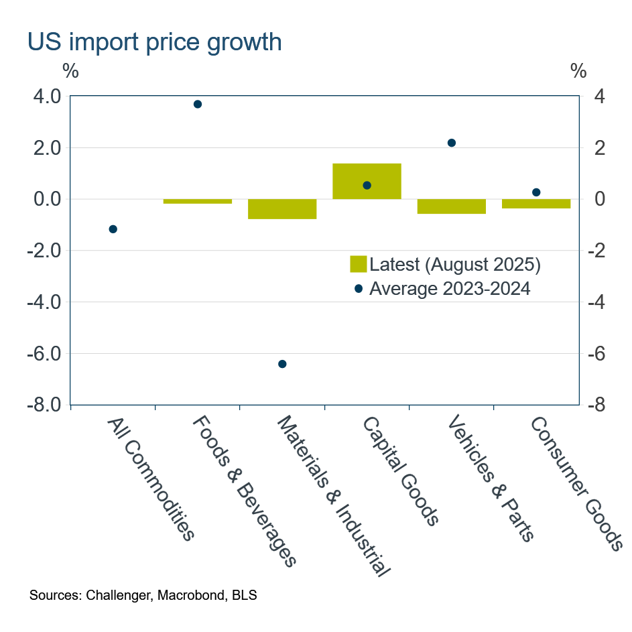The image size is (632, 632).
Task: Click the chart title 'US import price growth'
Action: coord(154,42)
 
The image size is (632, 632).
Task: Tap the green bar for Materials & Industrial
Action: coord(282,209)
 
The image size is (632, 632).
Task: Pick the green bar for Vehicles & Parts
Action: coord(451,206)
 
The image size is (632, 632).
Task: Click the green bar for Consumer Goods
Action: coord(536,204)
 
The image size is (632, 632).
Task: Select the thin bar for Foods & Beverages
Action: coord(198,201)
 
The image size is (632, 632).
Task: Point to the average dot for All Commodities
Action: coord(113,229)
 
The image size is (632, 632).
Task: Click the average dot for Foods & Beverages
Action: coord(198,104)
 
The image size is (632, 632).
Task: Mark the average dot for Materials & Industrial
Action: coord(282,364)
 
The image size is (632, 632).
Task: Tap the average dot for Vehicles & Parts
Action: coord(451,143)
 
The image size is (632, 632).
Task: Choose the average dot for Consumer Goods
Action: coord(536,192)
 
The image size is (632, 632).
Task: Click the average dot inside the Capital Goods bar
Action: coord(367,185)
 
